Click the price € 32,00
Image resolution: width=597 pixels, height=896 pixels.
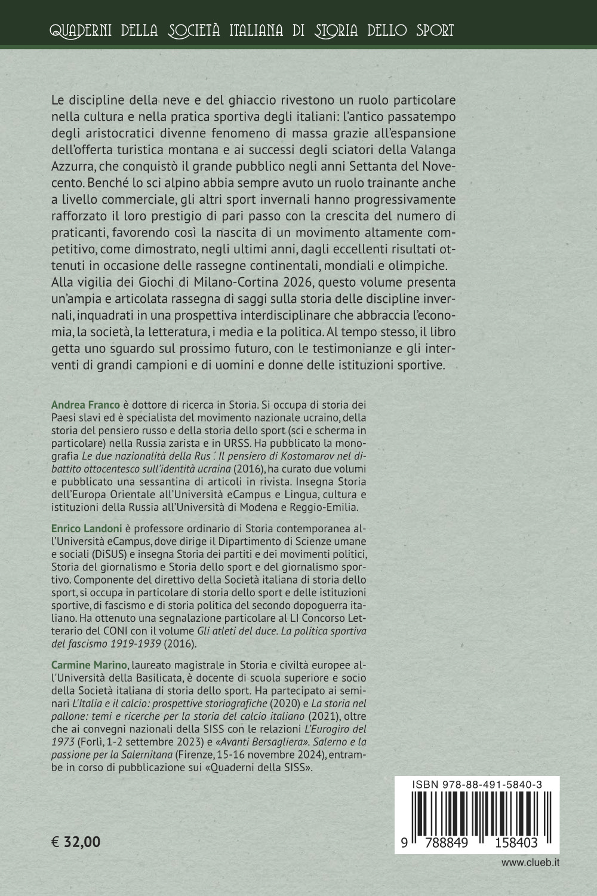point(76,842)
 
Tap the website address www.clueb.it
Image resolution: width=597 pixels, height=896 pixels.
point(530,863)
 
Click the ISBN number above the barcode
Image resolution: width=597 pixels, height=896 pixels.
point(476,787)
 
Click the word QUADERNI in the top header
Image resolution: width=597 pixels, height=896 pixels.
point(82,30)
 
